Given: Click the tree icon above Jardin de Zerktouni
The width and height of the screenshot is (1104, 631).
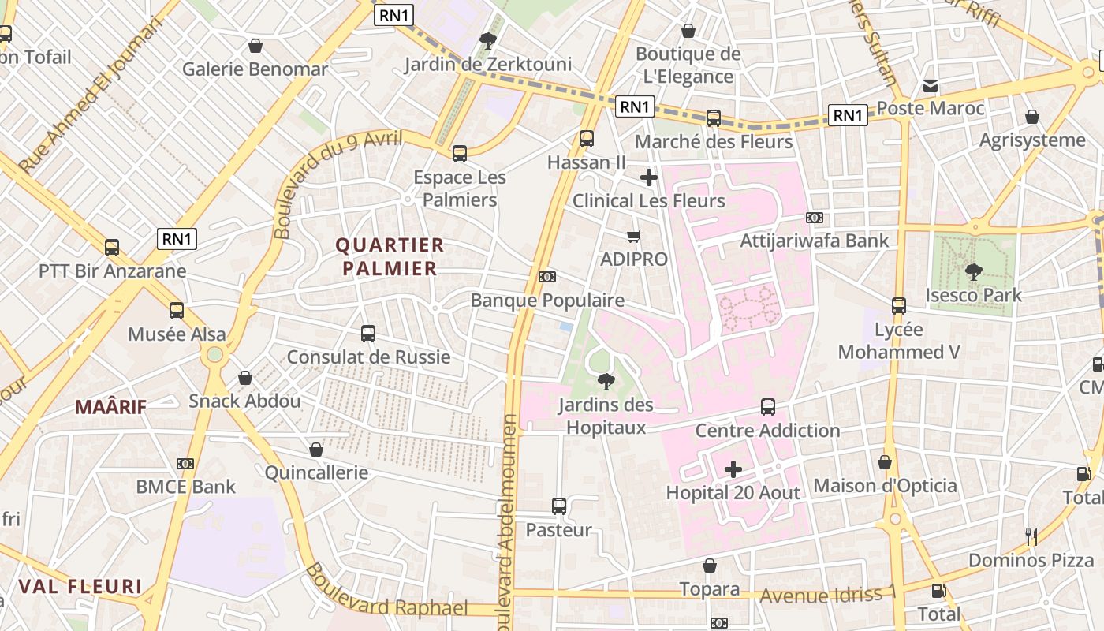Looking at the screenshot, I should pos(488,40).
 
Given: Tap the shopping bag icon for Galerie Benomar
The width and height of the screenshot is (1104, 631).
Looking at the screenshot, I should pos(255,46).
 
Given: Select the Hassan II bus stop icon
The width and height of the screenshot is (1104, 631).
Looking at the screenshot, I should pos(587,139).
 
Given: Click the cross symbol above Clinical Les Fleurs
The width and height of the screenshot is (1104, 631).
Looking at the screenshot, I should pos(649,177).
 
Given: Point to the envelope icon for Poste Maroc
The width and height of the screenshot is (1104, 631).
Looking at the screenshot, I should pos(931,85).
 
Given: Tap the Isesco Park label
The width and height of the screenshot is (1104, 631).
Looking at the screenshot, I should pos(974,296).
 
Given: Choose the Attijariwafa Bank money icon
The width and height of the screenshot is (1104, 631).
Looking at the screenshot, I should pos(815,218).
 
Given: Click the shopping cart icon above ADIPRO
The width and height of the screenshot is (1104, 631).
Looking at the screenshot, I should pos(634,236).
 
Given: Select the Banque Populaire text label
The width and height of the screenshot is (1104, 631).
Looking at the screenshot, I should pos(547,301).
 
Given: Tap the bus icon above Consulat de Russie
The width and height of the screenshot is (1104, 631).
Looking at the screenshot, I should pos(368,334).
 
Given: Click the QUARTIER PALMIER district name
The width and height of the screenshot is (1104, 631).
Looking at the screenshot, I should pos(390,256).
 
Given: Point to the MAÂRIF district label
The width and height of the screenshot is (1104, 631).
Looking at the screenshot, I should pos(111,407).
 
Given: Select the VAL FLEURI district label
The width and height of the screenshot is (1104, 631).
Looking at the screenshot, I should pos(80,587).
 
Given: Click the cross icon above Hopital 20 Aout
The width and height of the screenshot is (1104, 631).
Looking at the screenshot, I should pos(733,470).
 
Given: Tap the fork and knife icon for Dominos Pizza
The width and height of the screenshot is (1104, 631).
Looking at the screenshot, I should pos(1031,537).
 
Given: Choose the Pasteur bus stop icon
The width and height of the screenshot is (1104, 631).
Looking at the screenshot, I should pos(559,506).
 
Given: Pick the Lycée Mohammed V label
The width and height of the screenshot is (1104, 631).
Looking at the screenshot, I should pos(899,341).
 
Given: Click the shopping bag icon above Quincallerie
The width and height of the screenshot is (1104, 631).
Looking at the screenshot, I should pos(316,450).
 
